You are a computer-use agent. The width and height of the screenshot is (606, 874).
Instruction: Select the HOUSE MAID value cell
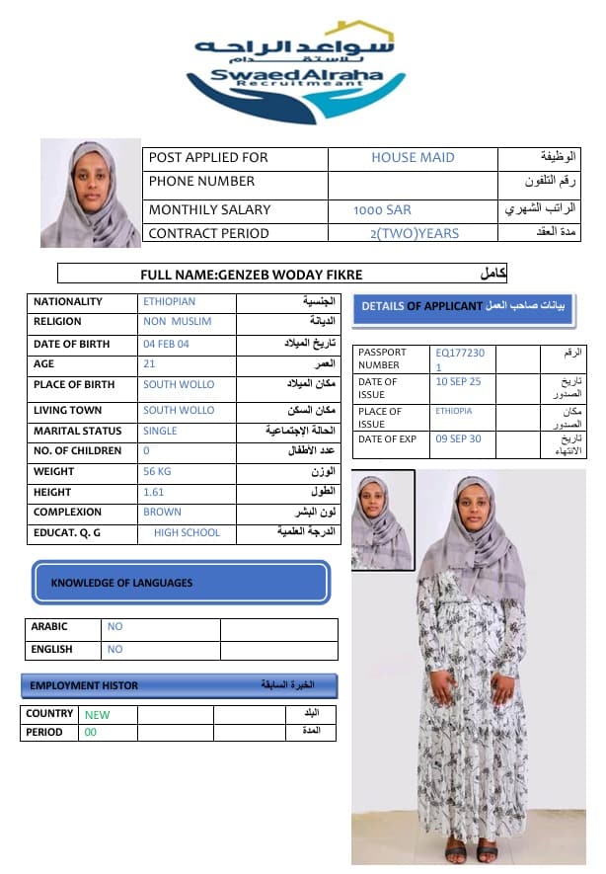click(413, 158)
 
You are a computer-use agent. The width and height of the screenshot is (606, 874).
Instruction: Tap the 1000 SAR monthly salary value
click(383, 210)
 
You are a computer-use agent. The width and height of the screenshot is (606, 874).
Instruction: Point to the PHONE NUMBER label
click(201, 182)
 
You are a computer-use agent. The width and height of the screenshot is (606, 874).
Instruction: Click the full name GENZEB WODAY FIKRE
click(252, 275)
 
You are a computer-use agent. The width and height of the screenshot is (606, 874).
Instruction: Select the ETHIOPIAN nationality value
click(170, 302)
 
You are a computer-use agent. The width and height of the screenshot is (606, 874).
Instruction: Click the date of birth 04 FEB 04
click(166, 345)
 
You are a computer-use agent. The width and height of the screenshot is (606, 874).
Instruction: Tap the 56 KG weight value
click(158, 472)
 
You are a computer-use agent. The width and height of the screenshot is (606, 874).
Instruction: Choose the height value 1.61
click(153, 492)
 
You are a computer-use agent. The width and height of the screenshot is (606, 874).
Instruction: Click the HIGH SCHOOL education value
click(187, 533)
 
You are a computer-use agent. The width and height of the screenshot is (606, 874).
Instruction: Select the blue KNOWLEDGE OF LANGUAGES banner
click(181, 583)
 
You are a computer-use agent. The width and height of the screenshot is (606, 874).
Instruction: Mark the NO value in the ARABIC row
click(115, 627)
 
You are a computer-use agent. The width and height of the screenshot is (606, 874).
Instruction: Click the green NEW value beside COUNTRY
click(98, 715)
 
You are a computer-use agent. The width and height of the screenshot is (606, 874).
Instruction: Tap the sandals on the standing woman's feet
click(471, 848)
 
